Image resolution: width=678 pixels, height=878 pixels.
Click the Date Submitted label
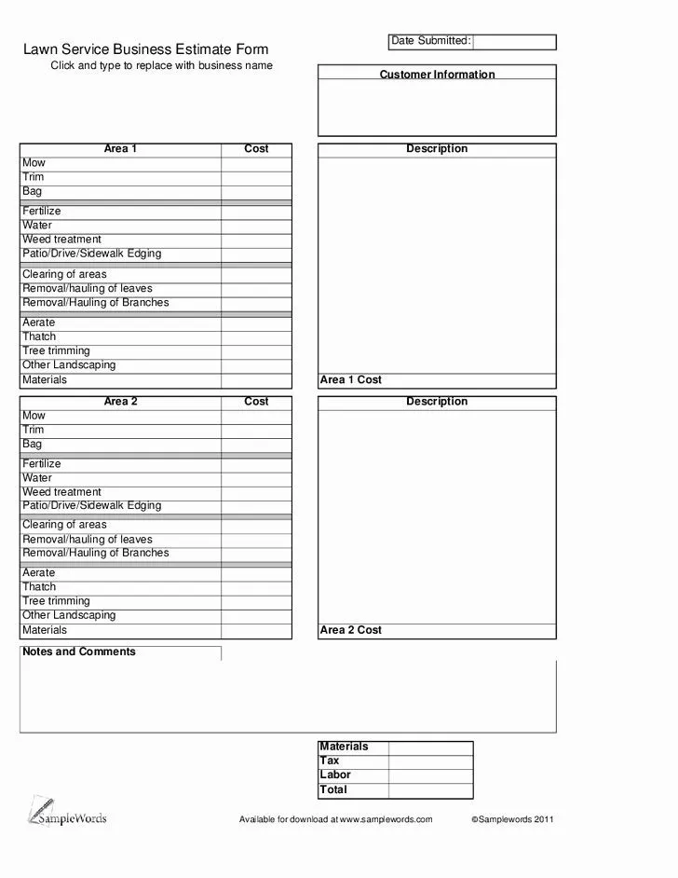(x=429, y=41)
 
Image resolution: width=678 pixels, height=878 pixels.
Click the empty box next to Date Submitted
(x=514, y=42)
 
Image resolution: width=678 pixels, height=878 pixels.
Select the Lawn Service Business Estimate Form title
(x=146, y=49)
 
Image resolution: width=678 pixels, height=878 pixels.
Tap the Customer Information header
(x=437, y=75)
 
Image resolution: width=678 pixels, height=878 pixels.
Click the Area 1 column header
(x=120, y=149)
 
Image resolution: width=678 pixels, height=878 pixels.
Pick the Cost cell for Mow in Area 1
(x=256, y=163)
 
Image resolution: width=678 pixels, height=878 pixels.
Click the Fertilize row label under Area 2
(x=42, y=464)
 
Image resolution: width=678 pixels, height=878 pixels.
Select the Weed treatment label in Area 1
(x=62, y=240)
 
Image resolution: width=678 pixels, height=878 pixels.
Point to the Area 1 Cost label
(x=351, y=380)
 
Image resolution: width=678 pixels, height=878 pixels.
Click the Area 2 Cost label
(x=351, y=630)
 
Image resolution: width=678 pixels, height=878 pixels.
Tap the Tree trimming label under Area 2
(x=57, y=601)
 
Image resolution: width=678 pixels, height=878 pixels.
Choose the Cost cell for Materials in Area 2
(x=256, y=630)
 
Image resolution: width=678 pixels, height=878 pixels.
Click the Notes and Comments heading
(x=79, y=652)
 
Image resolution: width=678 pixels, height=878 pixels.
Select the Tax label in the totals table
(x=330, y=761)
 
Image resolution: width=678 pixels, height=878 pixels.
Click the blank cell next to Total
(x=430, y=789)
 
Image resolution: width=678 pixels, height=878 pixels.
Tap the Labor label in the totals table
(x=335, y=775)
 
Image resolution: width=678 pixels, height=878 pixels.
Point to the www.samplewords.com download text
(x=336, y=819)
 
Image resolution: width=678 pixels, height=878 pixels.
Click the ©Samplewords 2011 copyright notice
(x=512, y=819)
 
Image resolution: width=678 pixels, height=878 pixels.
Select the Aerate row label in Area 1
(x=39, y=322)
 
